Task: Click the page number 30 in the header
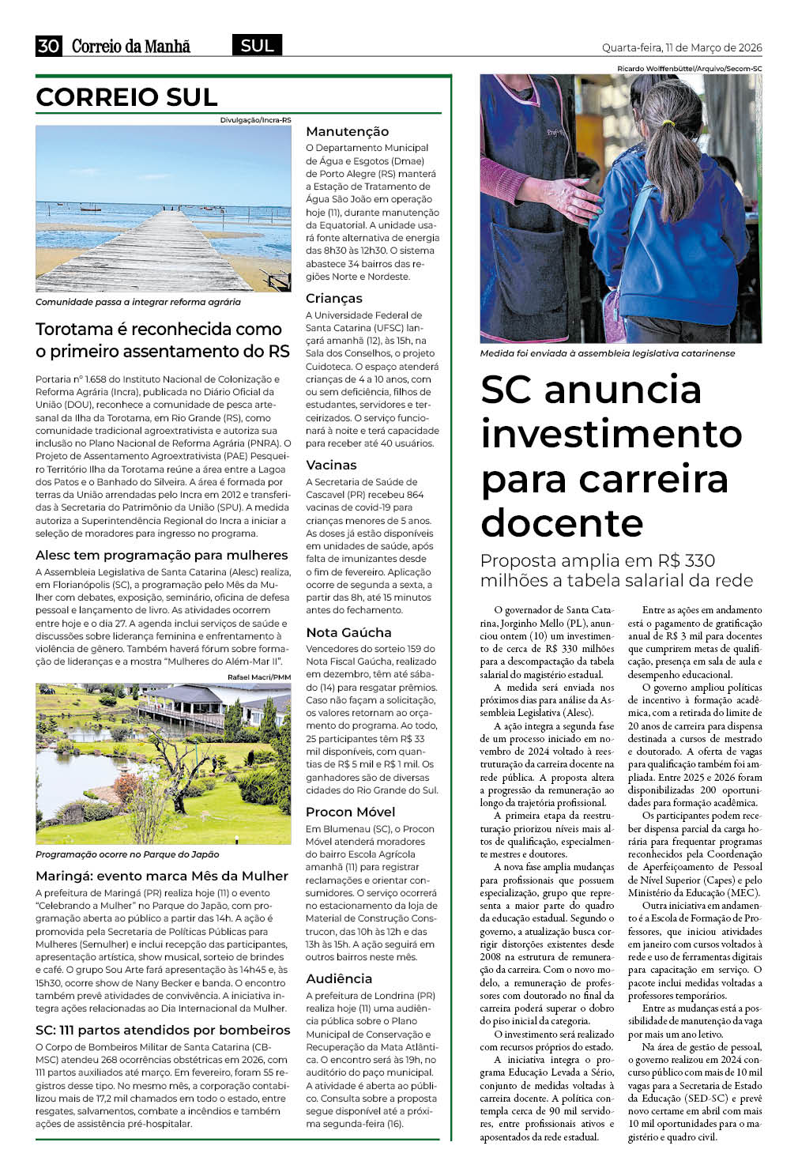(48, 46)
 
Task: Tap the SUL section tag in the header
(257, 46)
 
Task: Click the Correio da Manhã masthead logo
(131, 47)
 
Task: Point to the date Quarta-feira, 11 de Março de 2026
(682, 47)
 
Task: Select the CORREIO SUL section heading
(126, 97)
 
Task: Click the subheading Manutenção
(347, 131)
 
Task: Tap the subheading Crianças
(333, 298)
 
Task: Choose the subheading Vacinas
(331, 465)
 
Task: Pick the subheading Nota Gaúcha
(348, 632)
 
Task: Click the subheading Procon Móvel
(350, 812)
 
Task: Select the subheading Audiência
(338, 978)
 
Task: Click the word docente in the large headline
(562, 522)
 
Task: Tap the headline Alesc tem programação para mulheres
(161, 555)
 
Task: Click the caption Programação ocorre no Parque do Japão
(127, 854)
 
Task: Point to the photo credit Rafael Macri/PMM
(259, 677)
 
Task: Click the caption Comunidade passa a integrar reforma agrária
(138, 302)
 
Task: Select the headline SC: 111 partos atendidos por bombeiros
(163, 1030)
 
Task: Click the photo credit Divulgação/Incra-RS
(255, 120)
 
